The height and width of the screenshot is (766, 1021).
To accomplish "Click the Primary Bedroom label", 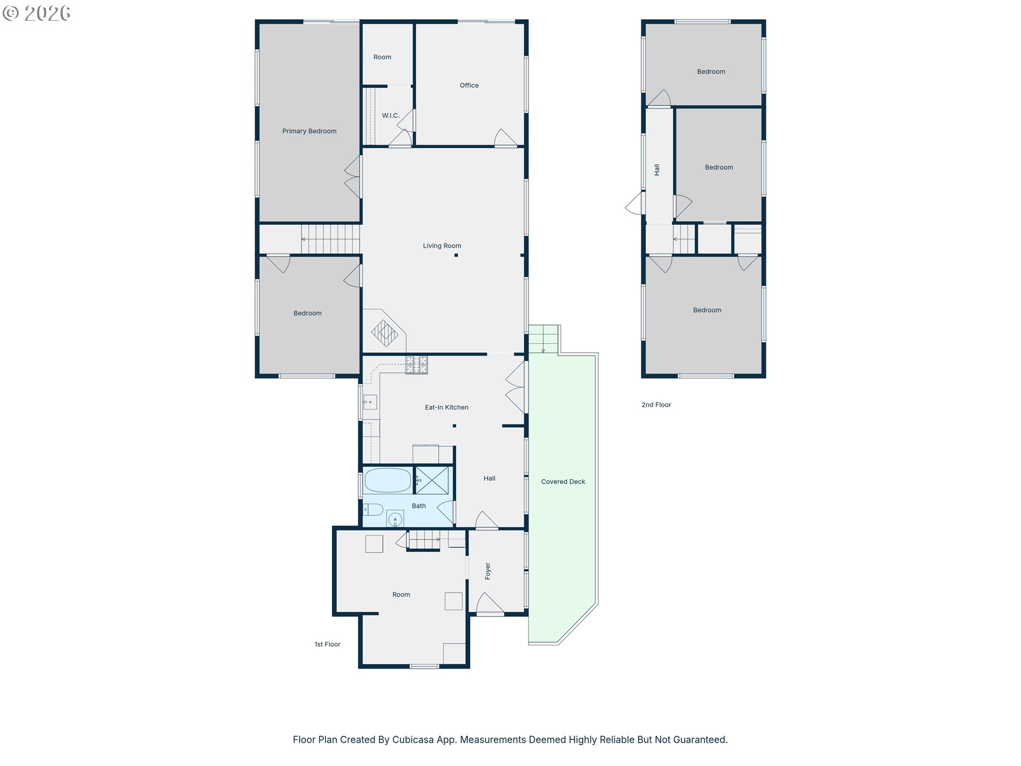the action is tap(309, 131).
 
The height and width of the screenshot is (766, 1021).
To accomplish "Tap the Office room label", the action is tap(469, 85).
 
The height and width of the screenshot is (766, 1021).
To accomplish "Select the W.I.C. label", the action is tap(390, 115).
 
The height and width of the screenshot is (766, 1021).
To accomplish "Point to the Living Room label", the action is tap(442, 246).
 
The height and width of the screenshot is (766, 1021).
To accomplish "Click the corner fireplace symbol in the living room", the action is tap(384, 333).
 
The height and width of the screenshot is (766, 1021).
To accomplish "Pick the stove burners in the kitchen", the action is tap(416, 365).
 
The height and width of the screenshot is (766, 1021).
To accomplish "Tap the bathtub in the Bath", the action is tap(388, 480).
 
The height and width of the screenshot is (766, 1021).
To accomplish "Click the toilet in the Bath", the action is tap(373, 510).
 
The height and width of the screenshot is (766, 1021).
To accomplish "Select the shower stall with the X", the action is tap(431, 480).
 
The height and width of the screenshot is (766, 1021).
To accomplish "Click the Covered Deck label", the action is tap(563, 482).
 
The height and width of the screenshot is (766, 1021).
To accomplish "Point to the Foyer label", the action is tap(488, 571).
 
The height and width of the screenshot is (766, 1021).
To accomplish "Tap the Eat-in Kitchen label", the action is tap(447, 407).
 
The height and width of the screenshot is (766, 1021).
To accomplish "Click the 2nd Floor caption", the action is tap(656, 405).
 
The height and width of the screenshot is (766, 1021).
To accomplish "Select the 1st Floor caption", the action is tap(328, 644).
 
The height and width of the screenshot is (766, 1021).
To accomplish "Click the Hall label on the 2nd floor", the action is tap(657, 170).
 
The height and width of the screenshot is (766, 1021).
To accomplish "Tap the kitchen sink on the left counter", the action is tap(370, 402).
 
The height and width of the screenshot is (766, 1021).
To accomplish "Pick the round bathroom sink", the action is tap(395, 519).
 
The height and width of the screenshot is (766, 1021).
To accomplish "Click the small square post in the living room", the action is tap(456, 255).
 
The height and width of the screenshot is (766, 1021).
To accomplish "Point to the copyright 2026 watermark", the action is tap(37, 13).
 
